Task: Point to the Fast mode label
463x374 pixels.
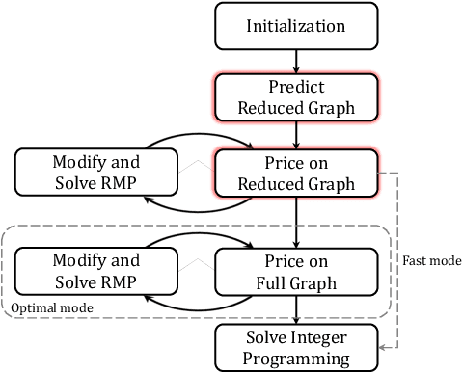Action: (x=427, y=258)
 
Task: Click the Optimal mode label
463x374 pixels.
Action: (x=48, y=307)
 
